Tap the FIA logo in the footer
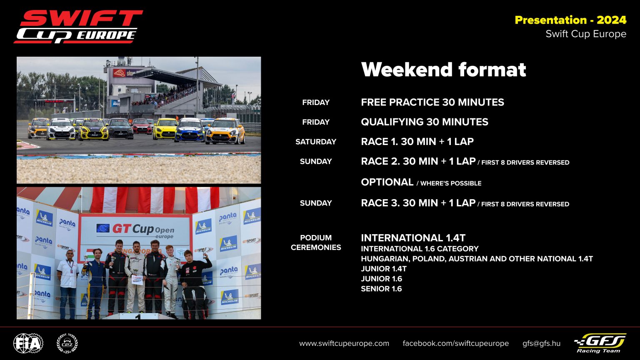[x=28, y=343]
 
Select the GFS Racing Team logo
[x=600, y=342]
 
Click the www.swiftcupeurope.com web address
[x=344, y=343]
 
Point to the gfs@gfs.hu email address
[x=541, y=343]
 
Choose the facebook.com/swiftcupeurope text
[x=455, y=343]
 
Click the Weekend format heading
[x=443, y=70]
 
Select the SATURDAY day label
[x=315, y=142]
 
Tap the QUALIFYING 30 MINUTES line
[x=424, y=122]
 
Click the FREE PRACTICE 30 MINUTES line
[x=432, y=102]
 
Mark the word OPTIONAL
[x=387, y=182]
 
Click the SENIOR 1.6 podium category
[x=381, y=289]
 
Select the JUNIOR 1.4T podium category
[x=383, y=269]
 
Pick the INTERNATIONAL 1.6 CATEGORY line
[x=419, y=249]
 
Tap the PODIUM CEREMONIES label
[x=316, y=242]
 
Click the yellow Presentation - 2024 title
[x=570, y=20]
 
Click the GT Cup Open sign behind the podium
[x=135, y=230]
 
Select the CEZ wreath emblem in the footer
[x=67, y=343]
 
